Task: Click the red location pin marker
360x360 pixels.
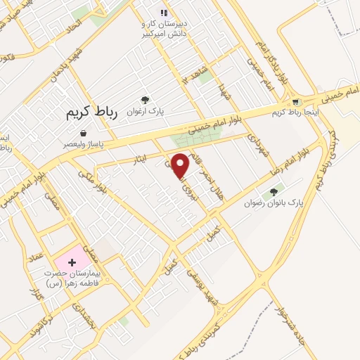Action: pyautogui.click(x=181, y=165)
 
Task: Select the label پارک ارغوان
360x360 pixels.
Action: pyautogui.click(x=146, y=111)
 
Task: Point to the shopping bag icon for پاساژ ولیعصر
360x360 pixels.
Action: pyautogui.click(x=84, y=133)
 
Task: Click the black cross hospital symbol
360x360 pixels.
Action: pyautogui.click(x=72, y=262)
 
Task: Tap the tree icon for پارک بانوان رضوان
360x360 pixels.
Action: pyautogui.click(x=274, y=192)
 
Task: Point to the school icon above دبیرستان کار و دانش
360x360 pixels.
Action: pyautogui.click(x=163, y=13)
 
